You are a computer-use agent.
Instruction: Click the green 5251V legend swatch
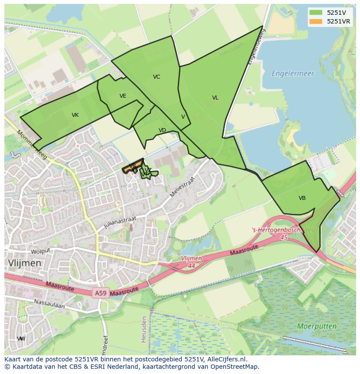click(316, 13)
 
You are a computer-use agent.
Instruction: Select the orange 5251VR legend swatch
click(316, 21)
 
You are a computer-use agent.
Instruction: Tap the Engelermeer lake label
click(293, 73)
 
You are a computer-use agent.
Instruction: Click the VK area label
click(75, 115)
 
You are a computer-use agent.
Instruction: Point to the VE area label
click(123, 96)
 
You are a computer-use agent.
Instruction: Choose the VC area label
click(157, 77)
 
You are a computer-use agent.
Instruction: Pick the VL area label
click(215, 98)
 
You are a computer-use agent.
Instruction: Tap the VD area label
click(162, 130)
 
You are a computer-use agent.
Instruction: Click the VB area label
click(302, 198)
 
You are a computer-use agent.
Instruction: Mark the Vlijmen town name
click(25, 263)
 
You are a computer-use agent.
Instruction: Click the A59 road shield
click(100, 294)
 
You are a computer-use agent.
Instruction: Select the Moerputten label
click(317, 326)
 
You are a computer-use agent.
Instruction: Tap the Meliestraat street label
click(183, 186)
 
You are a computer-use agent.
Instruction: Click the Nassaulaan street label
click(49, 303)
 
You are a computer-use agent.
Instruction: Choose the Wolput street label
click(41, 251)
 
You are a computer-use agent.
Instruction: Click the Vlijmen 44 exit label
click(191, 261)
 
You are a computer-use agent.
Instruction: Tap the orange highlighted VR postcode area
click(132, 167)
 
